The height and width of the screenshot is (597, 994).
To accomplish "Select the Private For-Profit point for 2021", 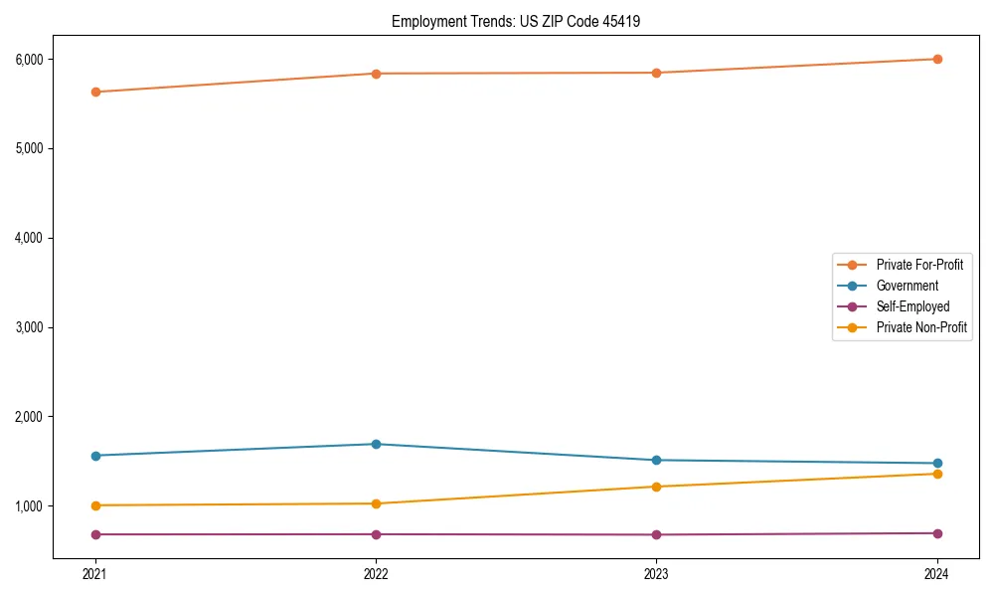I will (95, 92).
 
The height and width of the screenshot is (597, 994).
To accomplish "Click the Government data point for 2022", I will (376, 444).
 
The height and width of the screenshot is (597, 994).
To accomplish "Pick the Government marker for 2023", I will (656, 460).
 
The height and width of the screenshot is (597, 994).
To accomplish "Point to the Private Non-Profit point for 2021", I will (95, 505).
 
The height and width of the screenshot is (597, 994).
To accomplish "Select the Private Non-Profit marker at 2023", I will (656, 487).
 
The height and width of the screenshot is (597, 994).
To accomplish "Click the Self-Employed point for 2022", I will (376, 534).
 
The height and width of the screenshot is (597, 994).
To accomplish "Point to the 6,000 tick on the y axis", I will (29, 59).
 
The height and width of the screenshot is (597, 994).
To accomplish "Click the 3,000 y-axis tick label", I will (29, 327).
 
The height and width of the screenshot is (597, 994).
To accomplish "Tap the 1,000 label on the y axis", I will (29, 505).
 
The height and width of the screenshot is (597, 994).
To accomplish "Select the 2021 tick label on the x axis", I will (95, 573).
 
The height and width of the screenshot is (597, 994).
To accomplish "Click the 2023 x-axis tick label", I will (656, 573).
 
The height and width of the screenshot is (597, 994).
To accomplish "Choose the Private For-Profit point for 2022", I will (376, 74).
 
